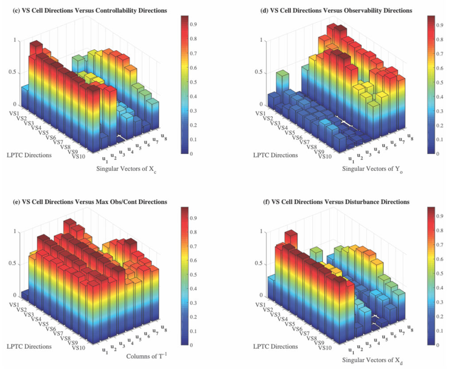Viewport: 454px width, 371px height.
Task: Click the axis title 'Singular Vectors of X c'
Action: pyautogui.click(x=127, y=169)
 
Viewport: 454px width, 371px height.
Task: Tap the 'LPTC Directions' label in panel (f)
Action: pyautogui.click(x=275, y=346)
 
